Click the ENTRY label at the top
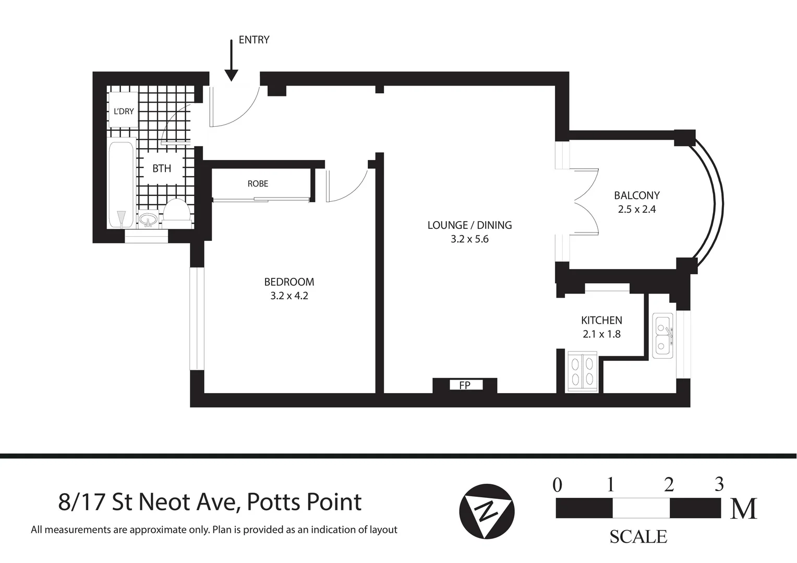coord(253,40)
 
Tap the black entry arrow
coord(231,62)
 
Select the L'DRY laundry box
coord(124,110)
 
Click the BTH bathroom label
coord(162,168)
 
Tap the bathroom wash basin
coord(149,219)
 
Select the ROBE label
coord(258,183)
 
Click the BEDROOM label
coord(289,282)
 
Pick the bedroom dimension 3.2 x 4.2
coord(289,296)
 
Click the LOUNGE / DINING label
coord(469,225)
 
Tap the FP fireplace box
coord(465,385)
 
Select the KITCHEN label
coord(601,320)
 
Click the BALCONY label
coord(636,195)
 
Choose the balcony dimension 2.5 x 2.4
coord(636,210)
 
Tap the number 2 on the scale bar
coord(669,485)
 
